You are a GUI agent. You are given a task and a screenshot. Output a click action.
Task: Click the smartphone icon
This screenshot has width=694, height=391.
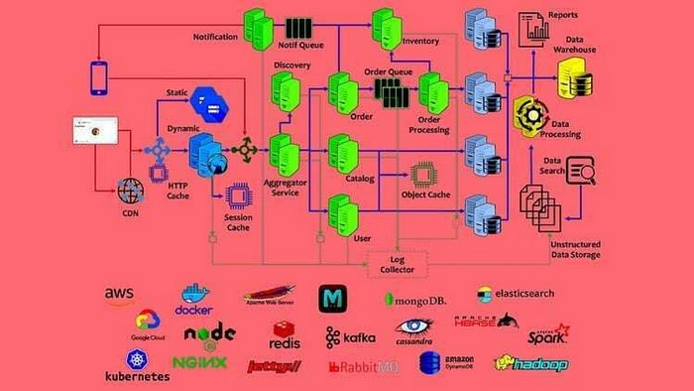[x=98, y=78]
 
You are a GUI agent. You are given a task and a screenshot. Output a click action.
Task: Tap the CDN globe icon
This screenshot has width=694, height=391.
[x=130, y=189]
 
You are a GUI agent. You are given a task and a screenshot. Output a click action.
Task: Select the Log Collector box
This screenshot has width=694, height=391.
[x=398, y=264]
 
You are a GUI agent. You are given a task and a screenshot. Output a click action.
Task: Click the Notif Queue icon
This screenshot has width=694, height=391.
[x=299, y=27]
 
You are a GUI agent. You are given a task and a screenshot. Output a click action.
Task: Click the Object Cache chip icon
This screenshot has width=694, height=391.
[x=424, y=176]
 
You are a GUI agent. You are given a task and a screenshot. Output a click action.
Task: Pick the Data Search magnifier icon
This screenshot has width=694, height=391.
[x=581, y=175]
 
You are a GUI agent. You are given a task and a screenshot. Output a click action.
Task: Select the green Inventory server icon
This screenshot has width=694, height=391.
[x=386, y=27]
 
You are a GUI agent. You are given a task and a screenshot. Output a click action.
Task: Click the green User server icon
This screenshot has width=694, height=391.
[x=342, y=211]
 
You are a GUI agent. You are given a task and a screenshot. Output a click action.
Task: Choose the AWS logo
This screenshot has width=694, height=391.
[x=119, y=295]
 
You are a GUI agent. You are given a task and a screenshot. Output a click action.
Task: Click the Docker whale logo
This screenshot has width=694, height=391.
[x=194, y=298]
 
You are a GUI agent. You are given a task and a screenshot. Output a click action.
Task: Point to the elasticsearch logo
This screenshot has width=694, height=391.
[x=515, y=295]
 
